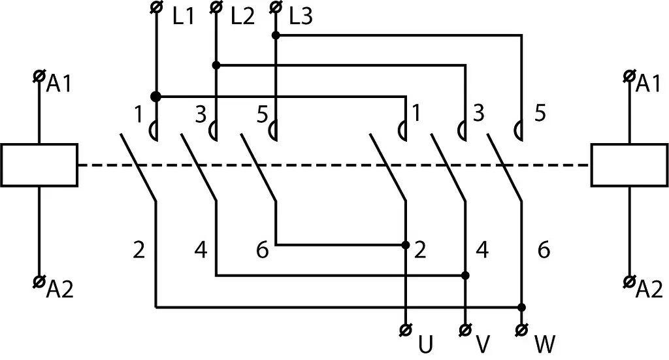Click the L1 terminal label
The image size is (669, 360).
pyautogui.click(x=184, y=17)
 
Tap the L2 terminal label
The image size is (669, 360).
pyautogui.click(x=242, y=17)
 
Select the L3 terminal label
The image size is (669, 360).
pyautogui.click(x=301, y=17)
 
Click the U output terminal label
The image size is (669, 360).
pyautogui.click(x=425, y=344)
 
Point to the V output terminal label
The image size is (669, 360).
pyautogui.click(x=483, y=344)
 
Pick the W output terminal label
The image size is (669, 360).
pyautogui.click(x=545, y=344)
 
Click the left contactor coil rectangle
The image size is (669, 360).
pyautogui.click(x=39, y=165)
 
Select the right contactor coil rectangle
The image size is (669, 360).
pyautogui.click(x=630, y=165)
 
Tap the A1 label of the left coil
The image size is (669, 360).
pyautogui.click(x=59, y=84)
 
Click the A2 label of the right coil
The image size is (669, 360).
pyautogui.click(x=649, y=289)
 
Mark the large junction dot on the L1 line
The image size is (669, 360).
pyautogui.click(x=155, y=97)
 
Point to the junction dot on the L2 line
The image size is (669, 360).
pyautogui.click(x=216, y=65)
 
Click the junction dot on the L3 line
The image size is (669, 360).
pyautogui.click(x=276, y=35)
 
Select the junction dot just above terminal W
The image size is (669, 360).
pyautogui.click(x=521, y=307)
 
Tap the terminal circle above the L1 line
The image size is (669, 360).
pyautogui.click(x=156, y=7)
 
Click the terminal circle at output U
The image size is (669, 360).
pyautogui.click(x=405, y=330)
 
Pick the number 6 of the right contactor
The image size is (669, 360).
pyautogui.click(x=544, y=250)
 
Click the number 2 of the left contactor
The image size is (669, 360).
pyautogui.click(x=139, y=250)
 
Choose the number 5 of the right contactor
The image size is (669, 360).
pyautogui.click(x=540, y=114)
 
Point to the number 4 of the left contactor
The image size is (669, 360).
pyautogui.click(x=201, y=250)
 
